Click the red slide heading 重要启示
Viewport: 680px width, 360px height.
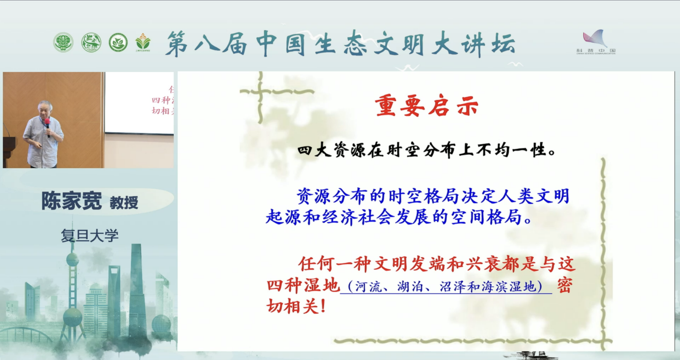click(x=426, y=106)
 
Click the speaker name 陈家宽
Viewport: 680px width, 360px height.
click(x=71, y=201)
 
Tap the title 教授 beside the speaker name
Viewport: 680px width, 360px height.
click(x=124, y=202)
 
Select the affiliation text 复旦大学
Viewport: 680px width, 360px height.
click(x=90, y=236)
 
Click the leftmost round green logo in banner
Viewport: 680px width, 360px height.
click(x=63, y=42)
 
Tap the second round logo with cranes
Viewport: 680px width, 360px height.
click(x=91, y=42)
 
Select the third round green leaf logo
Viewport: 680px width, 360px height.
click(x=118, y=42)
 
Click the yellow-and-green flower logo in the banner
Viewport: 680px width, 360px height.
click(x=143, y=42)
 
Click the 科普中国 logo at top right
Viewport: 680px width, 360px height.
click(x=596, y=42)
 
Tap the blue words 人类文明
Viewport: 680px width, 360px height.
click(x=532, y=196)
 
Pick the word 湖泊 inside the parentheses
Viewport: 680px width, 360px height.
click(x=411, y=287)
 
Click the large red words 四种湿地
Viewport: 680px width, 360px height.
click(x=303, y=285)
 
